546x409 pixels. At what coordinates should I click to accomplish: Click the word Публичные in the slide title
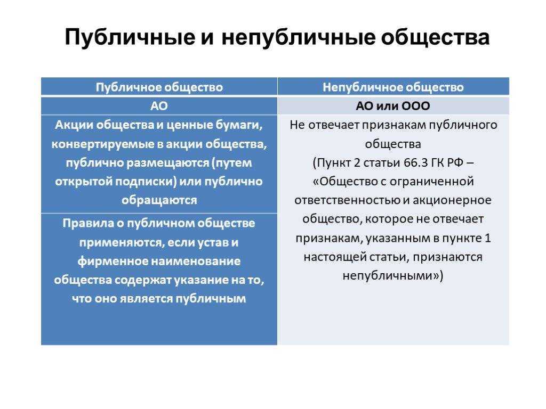pos(130,38)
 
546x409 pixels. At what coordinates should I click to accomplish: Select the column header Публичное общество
pos(159,87)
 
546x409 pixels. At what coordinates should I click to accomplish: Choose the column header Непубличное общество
pos(393,87)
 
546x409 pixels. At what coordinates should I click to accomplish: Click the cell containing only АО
pos(159,106)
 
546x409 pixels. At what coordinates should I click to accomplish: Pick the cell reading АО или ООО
pos(393,106)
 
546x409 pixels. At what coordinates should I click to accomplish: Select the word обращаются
pos(159,200)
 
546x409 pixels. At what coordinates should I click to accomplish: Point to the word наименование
pos(195,261)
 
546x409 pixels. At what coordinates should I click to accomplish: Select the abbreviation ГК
pos(438,162)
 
